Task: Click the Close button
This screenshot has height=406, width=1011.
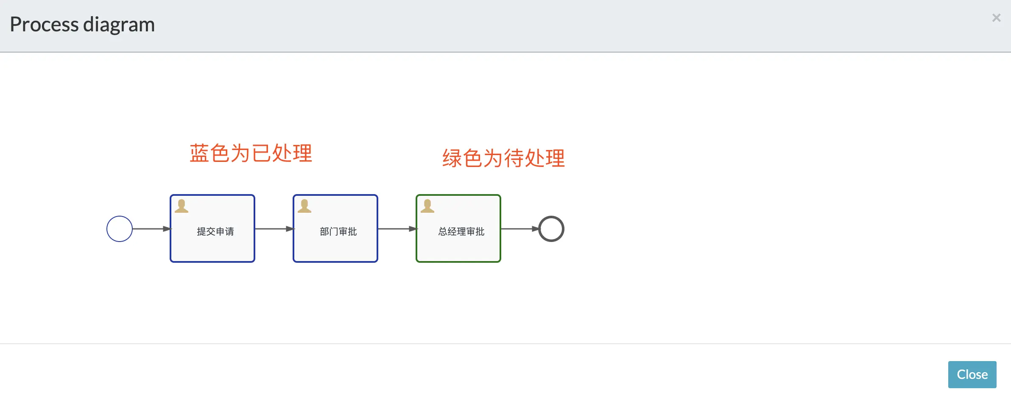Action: tap(972, 375)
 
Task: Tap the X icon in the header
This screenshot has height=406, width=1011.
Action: tap(996, 18)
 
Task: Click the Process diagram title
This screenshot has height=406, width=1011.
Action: tap(82, 24)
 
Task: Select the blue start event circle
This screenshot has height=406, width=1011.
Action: tap(120, 229)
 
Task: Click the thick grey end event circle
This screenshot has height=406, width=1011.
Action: tap(551, 229)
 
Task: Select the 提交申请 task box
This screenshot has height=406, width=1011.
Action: tap(212, 246)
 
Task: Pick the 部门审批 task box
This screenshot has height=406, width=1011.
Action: tap(335, 246)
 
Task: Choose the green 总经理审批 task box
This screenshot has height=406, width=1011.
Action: tap(458, 246)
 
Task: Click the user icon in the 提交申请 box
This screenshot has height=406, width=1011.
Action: tap(182, 206)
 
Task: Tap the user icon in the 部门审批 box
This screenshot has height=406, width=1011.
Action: tap(304, 206)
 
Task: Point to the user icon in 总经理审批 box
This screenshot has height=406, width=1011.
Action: tap(427, 206)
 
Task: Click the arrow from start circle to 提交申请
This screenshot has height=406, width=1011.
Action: tap(151, 229)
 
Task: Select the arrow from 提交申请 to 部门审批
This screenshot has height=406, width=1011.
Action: tap(274, 229)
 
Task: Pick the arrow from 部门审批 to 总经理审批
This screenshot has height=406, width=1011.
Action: tap(397, 229)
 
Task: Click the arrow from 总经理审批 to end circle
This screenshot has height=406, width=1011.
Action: tap(519, 229)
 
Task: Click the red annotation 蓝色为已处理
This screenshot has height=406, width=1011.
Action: tap(251, 153)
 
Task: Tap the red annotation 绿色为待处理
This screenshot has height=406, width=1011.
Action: tap(503, 159)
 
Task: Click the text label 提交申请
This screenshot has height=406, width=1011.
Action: tap(215, 231)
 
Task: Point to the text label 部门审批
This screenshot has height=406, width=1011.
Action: tap(338, 231)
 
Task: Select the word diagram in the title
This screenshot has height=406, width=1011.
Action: tap(119, 25)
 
